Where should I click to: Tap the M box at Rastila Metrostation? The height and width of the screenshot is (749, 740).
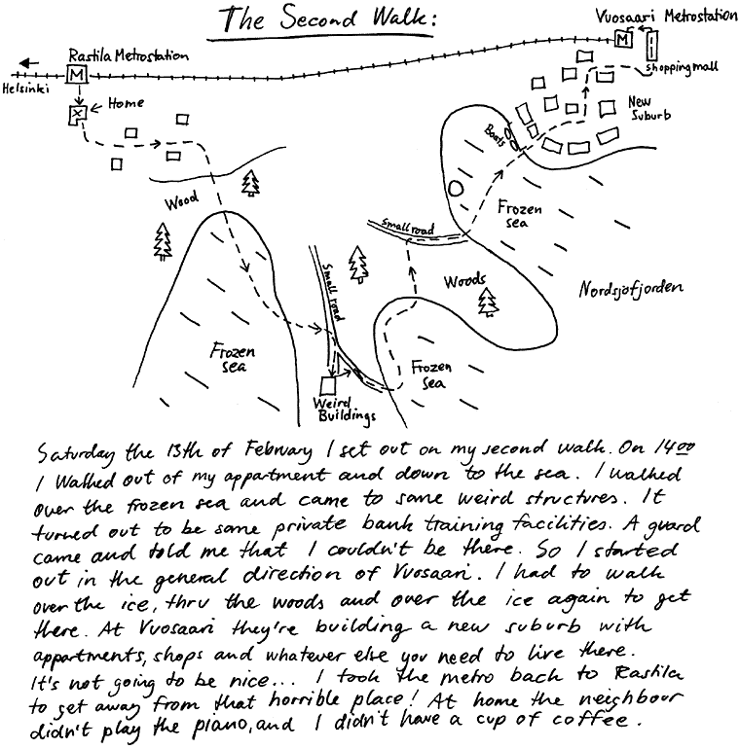coord(76,75)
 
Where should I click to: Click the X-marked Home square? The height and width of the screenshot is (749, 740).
coord(76,116)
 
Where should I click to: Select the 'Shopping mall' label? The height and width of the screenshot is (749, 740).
coord(682,68)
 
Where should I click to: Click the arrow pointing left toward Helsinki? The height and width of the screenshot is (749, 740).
coord(29,64)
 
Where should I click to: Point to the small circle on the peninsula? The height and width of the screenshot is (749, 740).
coord(456,189)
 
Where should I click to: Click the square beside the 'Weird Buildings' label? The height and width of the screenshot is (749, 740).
coord(327,385)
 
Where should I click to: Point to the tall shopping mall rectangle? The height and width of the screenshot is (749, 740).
coord(650,45)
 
